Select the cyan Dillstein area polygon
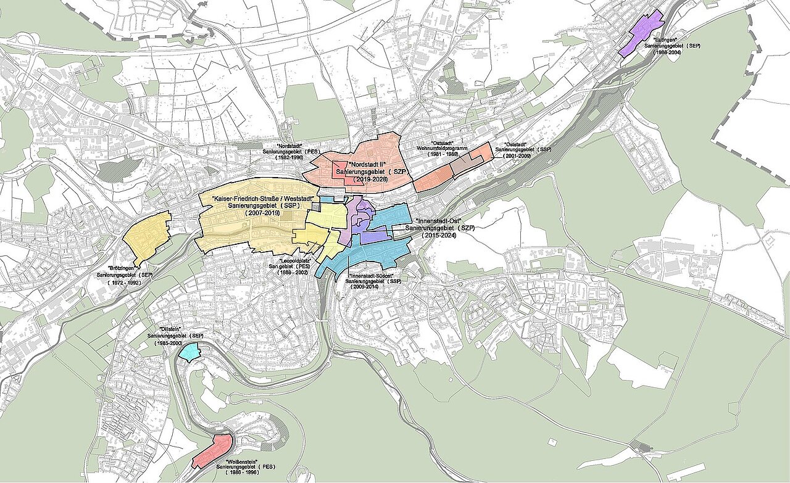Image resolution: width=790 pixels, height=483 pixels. coord(190,352)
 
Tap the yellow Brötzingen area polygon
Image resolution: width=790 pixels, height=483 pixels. coord(147,236)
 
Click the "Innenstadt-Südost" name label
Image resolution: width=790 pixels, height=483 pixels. coord(371,275)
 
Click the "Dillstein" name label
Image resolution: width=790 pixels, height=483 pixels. coord(170,329)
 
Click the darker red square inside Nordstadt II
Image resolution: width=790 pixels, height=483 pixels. coord(341,170)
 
